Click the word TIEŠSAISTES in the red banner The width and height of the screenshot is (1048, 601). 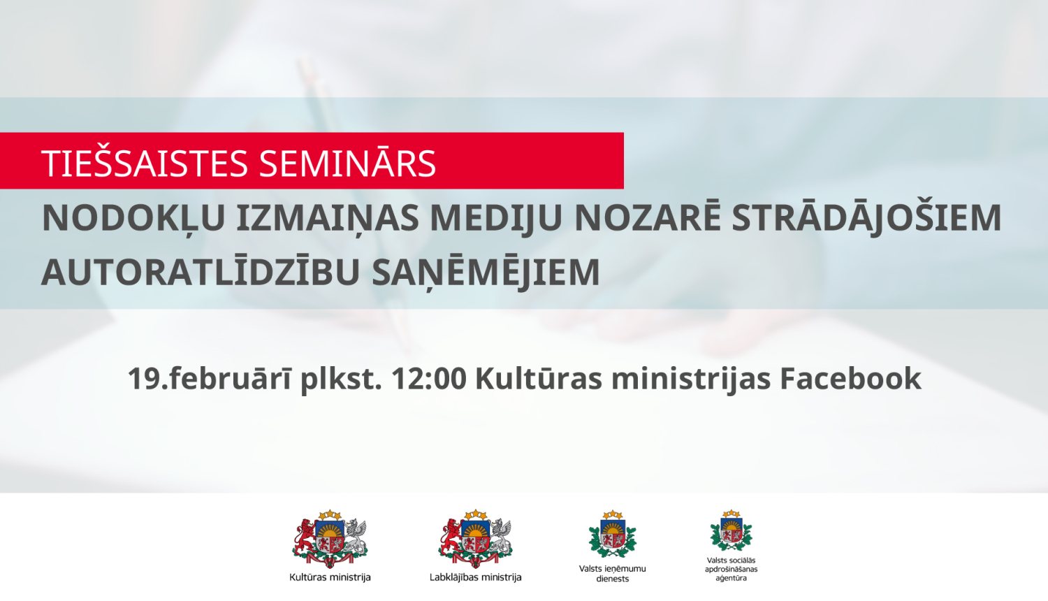coord(145,164)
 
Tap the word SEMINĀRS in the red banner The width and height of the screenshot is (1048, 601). coord(347,164)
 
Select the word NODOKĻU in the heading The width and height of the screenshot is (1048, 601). coord(133,218)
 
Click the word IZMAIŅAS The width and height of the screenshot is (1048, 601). coord(327,218)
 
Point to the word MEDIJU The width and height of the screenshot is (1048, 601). coord(496,218)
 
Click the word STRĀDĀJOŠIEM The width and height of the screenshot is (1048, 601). coord(866,218)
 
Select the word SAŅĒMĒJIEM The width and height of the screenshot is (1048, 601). coord(486,273)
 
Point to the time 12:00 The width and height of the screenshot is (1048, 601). coord(429,379)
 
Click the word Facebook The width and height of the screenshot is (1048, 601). coord(850,379)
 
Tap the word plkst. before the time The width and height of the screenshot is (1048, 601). coord(341,379)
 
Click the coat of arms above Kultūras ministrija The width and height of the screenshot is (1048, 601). coord(330,539)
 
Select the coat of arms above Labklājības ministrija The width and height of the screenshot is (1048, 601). coord(476,539)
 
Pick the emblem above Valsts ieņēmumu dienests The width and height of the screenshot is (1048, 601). coord(613,535)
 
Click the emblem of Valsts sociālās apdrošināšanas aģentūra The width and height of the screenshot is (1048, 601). coord(731,531)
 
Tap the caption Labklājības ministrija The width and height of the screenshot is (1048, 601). coord(476,577)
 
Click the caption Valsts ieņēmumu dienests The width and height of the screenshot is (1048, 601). coord(613,574)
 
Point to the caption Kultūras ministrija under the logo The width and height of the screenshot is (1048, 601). coord(330,577)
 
